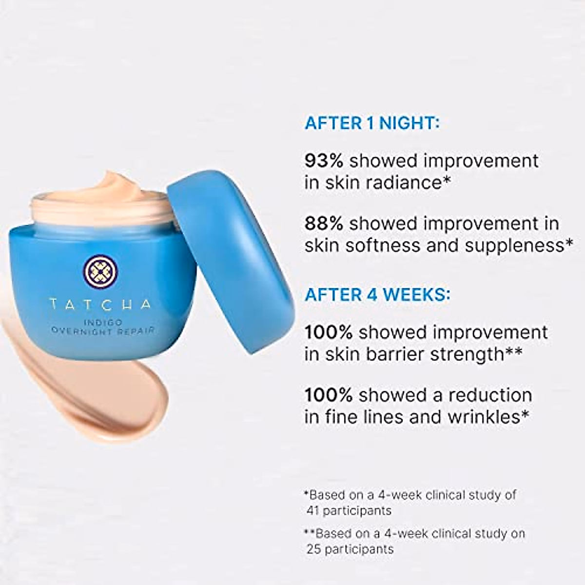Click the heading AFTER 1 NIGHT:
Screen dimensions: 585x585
(x=372, y=123)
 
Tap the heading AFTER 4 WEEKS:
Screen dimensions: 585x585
(x=377, y=294)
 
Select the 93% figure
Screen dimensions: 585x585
(x=324, y=160)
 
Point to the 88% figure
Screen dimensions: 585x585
(x=324, y=223)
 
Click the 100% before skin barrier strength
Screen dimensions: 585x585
(x=328, y=332)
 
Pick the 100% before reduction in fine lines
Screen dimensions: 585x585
(x=328, y=394)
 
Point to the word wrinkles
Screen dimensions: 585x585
(x=476, y=416)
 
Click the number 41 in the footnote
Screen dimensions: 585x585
(x=313, y=510)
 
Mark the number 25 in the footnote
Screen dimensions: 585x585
(x=313, y=549)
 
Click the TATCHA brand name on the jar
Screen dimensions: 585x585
(x=100, y=305)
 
